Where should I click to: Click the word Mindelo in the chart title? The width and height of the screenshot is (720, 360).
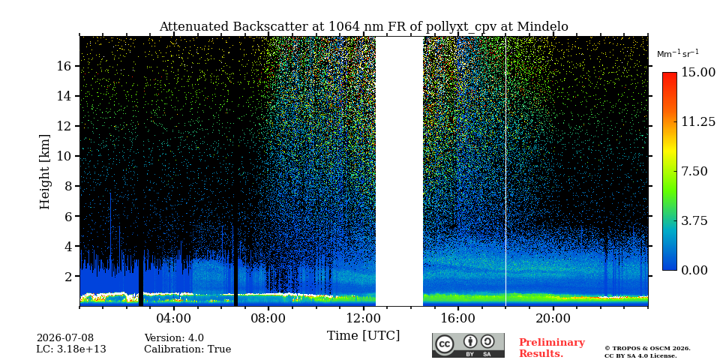(x=543, y=27)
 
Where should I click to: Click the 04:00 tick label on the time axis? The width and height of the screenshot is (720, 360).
(x=173, y=319)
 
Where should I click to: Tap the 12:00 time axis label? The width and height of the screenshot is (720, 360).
(x=363, y=319)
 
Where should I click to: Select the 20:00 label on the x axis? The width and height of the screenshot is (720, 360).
(x=553, y=319)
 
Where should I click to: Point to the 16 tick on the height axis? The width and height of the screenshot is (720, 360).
(x=64, y=66)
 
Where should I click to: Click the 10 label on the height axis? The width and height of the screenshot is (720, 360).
(x=64, y=156)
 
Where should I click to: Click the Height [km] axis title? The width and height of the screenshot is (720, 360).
(x=44, y=172)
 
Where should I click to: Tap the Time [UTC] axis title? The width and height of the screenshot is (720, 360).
(x=363, y=336)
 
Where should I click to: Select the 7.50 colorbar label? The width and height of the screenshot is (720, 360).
(x=694, y=171)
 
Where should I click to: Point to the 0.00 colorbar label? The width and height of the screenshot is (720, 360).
(x=694, y=271)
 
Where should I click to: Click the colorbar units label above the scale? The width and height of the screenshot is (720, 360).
(x=678, y=53)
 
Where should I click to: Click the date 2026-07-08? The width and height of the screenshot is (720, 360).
(x=65, y=338)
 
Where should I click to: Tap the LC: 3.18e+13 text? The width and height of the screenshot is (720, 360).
(x=71, y=349)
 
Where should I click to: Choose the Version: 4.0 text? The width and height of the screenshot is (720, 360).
(x=174, y=338)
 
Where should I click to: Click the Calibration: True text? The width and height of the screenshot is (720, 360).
(x=187, y=349)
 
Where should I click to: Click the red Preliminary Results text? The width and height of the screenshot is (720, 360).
(x=552, y=347)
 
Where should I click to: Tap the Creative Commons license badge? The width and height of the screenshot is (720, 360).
(x=468, y=345)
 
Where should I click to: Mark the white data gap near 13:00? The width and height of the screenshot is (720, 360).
(x=399, y=171)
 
